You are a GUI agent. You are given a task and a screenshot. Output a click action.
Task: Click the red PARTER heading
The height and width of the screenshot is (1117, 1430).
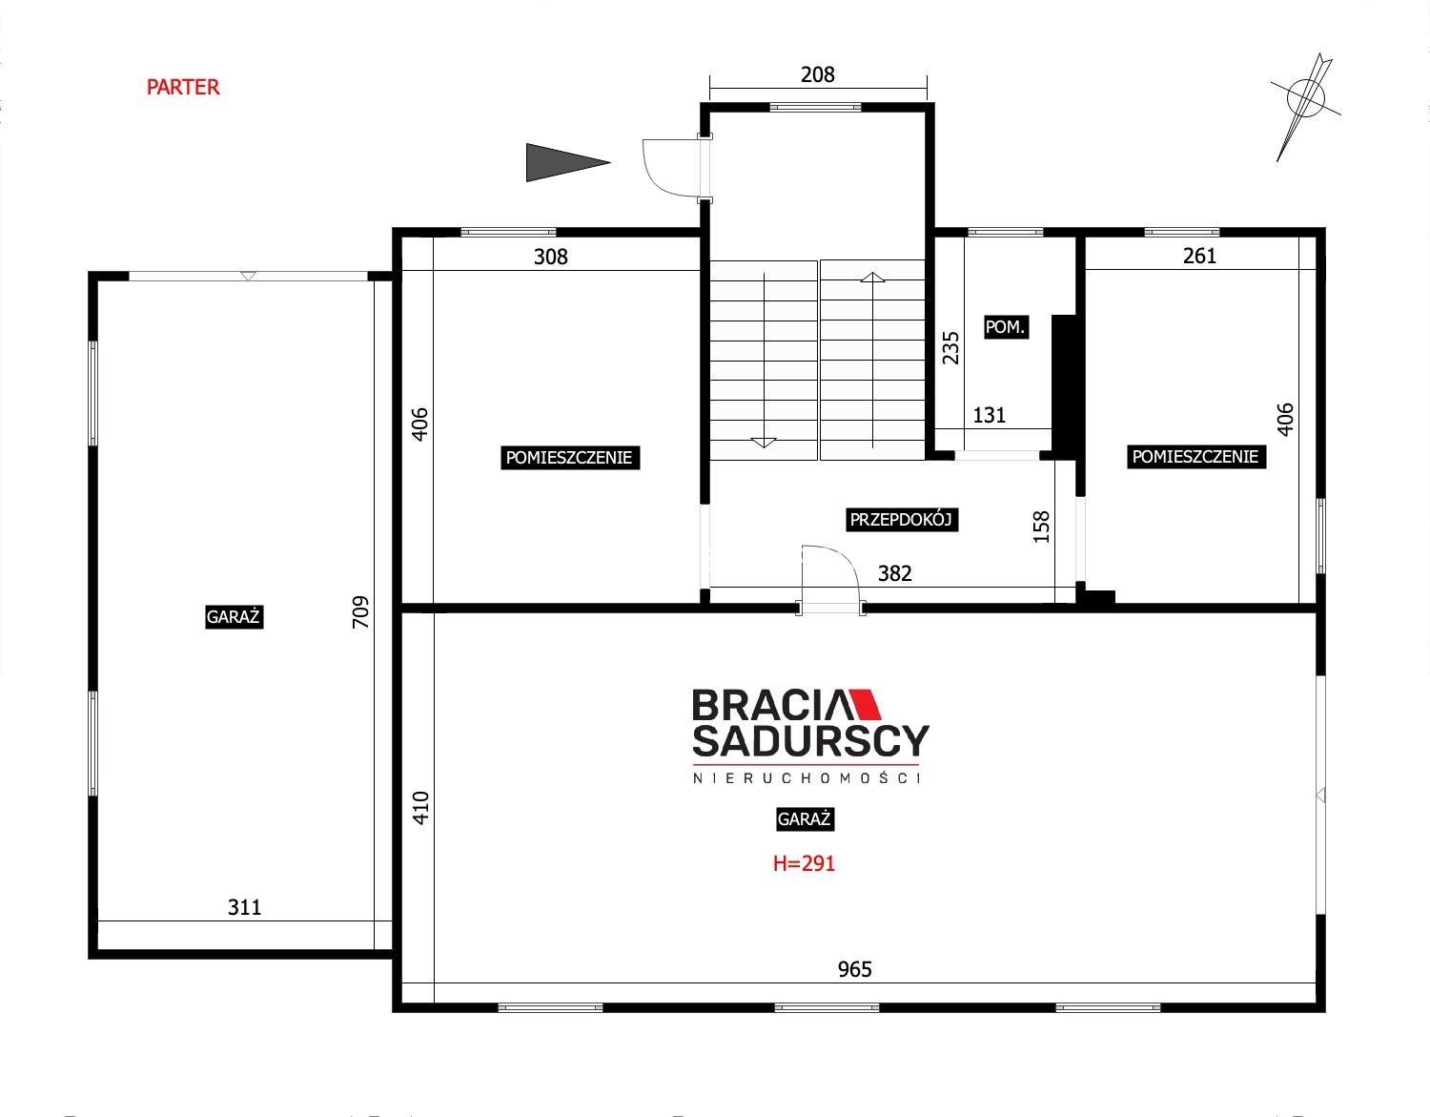183,87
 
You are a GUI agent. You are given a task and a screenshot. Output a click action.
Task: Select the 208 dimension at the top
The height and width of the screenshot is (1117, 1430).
817,74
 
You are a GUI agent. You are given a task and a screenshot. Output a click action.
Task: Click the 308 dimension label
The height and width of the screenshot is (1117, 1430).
550,257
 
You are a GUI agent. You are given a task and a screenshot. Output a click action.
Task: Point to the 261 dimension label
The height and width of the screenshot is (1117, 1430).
1199,256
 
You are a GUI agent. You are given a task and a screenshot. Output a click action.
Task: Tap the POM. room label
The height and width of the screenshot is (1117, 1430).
1006,327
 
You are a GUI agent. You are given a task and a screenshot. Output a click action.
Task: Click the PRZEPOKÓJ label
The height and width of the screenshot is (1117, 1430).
901,520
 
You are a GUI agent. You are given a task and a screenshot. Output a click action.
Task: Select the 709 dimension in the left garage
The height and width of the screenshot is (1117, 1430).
360,611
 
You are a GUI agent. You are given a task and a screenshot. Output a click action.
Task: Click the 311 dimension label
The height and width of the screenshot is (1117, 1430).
244,908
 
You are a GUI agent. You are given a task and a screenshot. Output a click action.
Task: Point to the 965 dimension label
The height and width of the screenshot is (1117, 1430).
854,969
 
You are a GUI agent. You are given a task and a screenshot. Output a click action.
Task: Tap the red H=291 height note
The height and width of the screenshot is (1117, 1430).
804,863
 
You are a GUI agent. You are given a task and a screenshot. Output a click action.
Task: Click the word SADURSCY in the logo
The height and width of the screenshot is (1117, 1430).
810,741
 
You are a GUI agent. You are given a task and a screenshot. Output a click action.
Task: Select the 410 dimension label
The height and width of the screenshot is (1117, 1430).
420,808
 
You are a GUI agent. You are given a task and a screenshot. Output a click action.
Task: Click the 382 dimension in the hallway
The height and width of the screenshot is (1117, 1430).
894,573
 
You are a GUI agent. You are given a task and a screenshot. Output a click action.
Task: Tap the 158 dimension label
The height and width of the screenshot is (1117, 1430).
1041,527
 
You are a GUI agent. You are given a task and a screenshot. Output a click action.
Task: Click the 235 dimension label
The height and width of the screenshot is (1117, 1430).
950,347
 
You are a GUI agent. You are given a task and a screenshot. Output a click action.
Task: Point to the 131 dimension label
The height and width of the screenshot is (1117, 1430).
990,415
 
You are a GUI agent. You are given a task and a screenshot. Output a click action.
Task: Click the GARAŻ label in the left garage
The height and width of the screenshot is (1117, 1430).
234,617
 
